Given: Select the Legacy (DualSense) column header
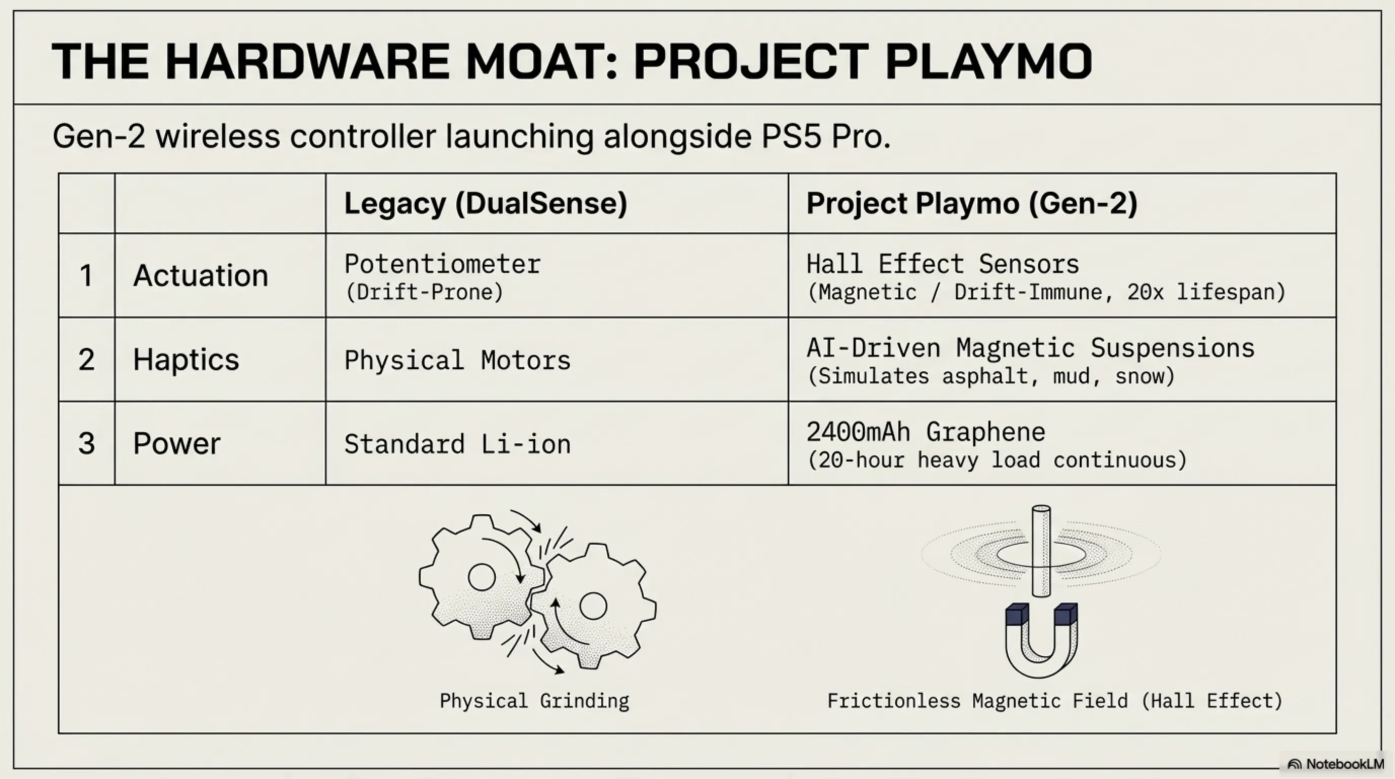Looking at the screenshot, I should coord(485,204).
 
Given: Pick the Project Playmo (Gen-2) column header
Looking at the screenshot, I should coord(972,204).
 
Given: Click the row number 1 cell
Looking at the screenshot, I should coord(86,275).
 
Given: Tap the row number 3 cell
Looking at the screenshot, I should coord(86,443).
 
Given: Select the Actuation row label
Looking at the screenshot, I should coord(200,275).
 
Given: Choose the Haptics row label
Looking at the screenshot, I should coord(186,359).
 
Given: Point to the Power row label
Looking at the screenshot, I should coord(176,443).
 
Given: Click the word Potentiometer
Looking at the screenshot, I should coord(442,264).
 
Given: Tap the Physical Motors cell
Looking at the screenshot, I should coord(457,360).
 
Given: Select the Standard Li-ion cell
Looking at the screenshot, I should coord(457,444).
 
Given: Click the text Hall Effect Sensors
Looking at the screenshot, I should coord(942,264).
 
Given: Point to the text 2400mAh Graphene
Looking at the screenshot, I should coord(926,432).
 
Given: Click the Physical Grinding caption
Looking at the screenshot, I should coord(534,701).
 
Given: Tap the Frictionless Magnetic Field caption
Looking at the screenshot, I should coord(1054,701).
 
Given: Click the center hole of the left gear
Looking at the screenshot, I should coord(482,577).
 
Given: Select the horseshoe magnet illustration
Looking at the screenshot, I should coord(1041,639).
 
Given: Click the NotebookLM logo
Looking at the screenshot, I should coord(1335,764).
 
